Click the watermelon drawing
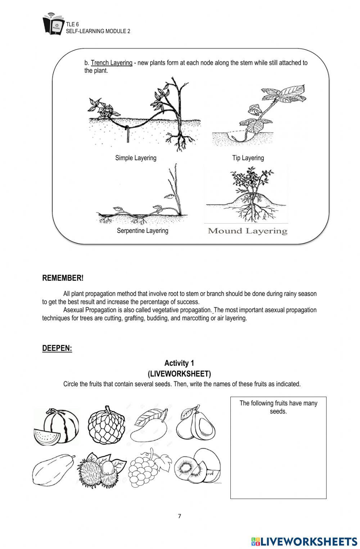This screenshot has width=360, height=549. click(x=57, y=427)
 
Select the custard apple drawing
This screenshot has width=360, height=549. click(x=106, y=426)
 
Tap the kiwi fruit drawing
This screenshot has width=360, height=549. click(x=197, y=467)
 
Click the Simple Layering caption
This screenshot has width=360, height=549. click(x=136, y=158)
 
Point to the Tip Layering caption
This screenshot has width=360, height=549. click(x=248, y=158)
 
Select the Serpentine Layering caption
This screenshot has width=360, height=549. click(x=143, y=231)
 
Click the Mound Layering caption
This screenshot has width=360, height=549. click(x=248, y=231)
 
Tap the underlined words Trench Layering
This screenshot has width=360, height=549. click(x=112, y=63)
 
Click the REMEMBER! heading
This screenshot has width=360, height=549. click(x=63, y=278)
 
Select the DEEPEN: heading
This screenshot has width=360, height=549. click(x=57, y=348)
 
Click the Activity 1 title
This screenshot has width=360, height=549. click(x=179, y=363)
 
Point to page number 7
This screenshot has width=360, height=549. click(x=180, y=516)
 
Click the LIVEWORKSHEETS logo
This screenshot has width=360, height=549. click(x=304, y=541)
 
